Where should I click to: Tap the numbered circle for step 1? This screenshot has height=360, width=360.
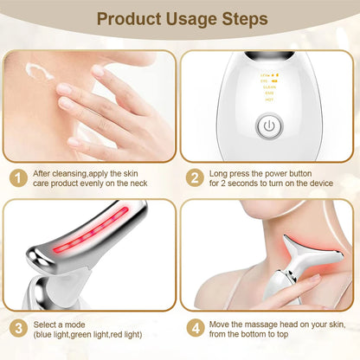[16, 177]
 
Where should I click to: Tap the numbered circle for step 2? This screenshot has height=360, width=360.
[196, 177]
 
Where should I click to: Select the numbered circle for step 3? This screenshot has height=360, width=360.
[16, 329]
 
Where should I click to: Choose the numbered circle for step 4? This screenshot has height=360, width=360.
[196, 329]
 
